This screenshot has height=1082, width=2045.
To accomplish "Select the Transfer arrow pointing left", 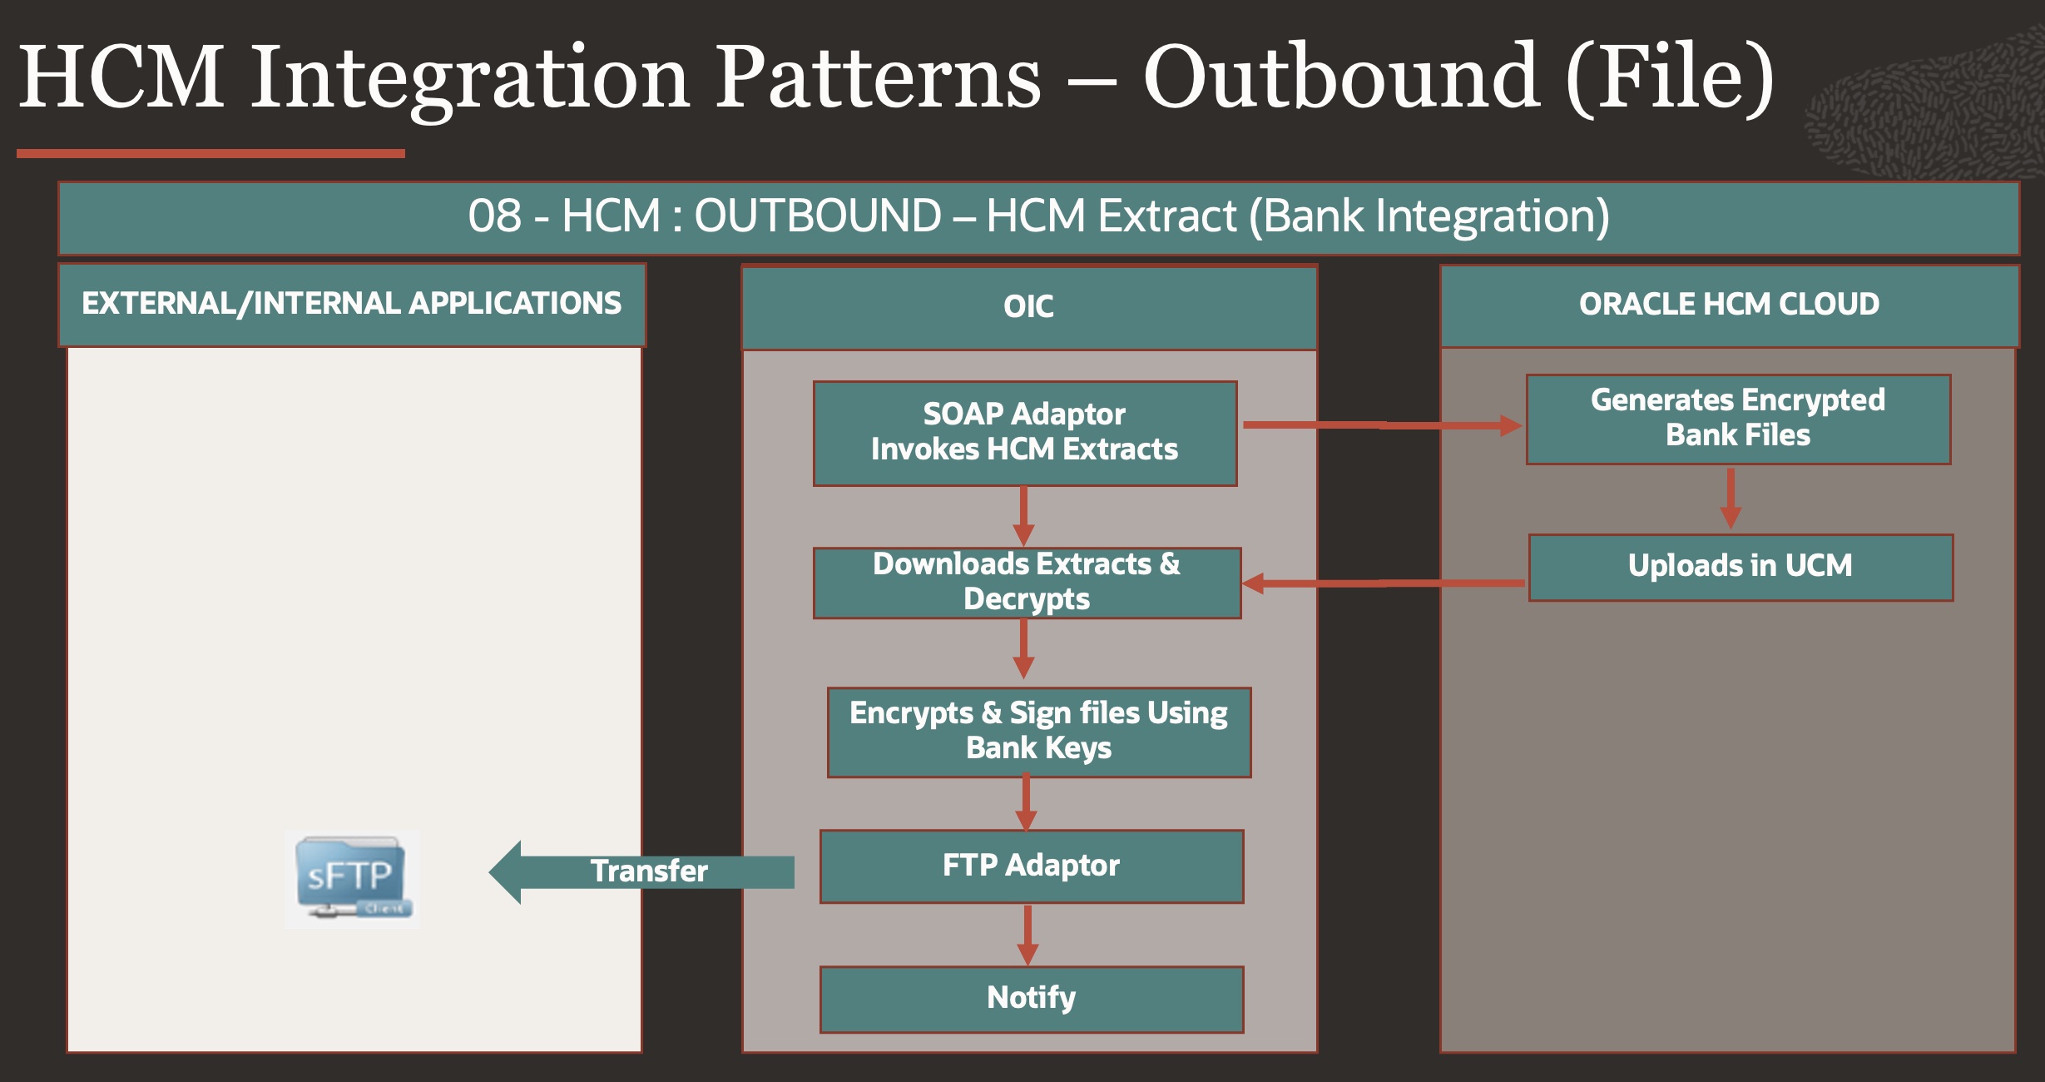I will coord(641,871).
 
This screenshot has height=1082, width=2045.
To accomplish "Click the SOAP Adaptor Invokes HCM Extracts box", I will coord(1024,433).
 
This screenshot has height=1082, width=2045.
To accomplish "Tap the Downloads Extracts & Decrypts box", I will coord(1027,583).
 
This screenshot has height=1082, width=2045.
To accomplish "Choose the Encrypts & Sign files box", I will coord(1038,732).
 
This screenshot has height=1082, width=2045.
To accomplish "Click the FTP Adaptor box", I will coord(1031,866).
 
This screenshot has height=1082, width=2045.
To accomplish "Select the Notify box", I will coord(1031,998).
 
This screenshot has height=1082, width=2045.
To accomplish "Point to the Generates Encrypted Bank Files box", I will coord(1738,419).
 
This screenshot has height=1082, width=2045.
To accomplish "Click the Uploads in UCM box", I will coord(1740,567).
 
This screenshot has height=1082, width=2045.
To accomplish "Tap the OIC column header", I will coord(1028,306).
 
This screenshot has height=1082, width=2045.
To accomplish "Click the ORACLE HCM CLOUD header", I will coord(1729,305).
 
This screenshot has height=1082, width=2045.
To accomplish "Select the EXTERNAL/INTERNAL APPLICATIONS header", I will coord(351,304).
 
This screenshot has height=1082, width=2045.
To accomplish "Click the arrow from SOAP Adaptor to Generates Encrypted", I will coord(1381,425).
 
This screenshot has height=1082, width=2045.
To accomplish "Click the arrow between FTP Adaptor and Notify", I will coord(1028,934).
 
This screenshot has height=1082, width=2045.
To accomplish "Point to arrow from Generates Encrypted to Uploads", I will coord(1731,498).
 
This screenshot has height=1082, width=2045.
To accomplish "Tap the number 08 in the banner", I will coord(494,216).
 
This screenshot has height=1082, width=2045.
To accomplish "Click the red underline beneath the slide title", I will coord(210,153).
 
